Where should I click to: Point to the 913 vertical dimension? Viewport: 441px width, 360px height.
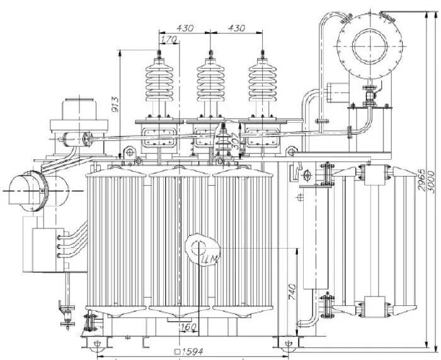(115, 104)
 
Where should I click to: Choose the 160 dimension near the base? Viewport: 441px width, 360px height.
(188, 327)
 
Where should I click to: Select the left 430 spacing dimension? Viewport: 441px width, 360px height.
(185, 28)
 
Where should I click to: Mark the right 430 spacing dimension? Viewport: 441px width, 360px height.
(236, 28)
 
